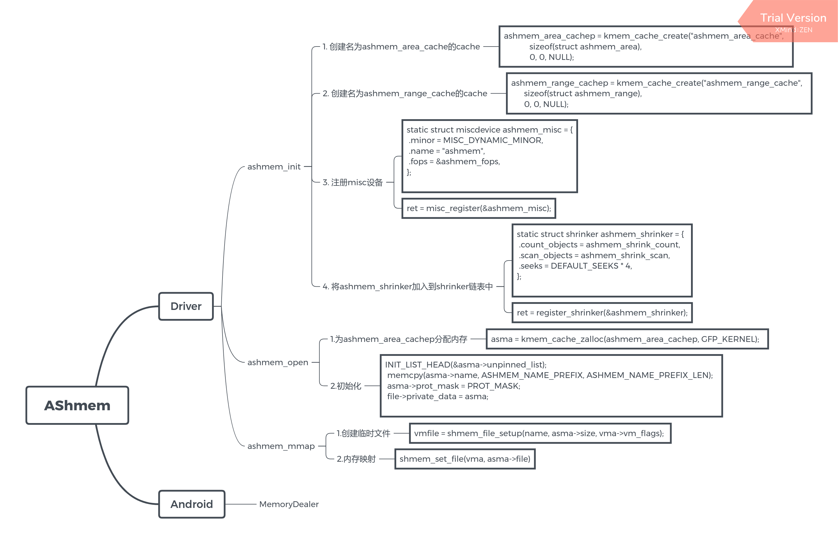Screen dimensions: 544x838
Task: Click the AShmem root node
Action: click(77, 405)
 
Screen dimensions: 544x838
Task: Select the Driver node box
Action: click(186, 306)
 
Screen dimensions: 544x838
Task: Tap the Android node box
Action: click(191, 504)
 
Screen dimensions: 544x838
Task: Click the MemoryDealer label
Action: click(289, 504)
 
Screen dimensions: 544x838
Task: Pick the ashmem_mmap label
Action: click(281, 446)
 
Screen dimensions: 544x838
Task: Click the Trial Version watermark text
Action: click(793, 18)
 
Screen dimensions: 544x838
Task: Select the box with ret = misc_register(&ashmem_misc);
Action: click(478, 208)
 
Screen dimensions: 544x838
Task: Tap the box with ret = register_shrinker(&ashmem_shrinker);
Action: click(602, 313)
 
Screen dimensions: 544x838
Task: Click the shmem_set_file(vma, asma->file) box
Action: click(465, 459)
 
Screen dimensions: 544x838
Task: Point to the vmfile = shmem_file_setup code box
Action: click(540, 433)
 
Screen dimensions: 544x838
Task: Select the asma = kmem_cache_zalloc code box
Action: click(627, 339)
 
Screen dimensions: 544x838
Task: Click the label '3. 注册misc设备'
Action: click(352, 182)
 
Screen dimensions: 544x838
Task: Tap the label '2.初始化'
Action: click(345, 386)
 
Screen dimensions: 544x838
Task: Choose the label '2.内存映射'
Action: click(356, 459)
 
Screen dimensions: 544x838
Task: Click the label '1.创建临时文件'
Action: click(363, 433)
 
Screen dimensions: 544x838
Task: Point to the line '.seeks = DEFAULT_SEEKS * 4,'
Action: click(575, 266)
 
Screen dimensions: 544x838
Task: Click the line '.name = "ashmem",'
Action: click(447, 151)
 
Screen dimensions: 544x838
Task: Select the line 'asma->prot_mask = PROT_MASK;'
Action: click(453, 386)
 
